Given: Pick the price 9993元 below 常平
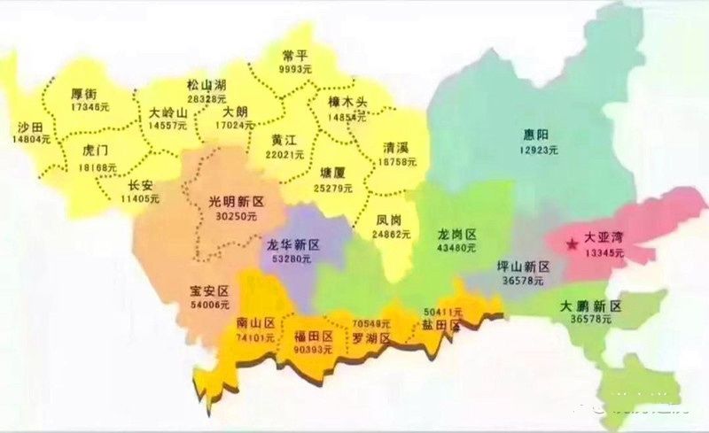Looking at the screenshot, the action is tap(294, 68).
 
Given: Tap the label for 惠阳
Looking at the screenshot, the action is tap(536, 135).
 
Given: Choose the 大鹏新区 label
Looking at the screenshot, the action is tap(591, 306).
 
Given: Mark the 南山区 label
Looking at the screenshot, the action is tap(256, 322).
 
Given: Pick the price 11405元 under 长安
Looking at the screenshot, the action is tap(140, 199).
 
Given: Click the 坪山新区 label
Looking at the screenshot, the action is tap(523, 266).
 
